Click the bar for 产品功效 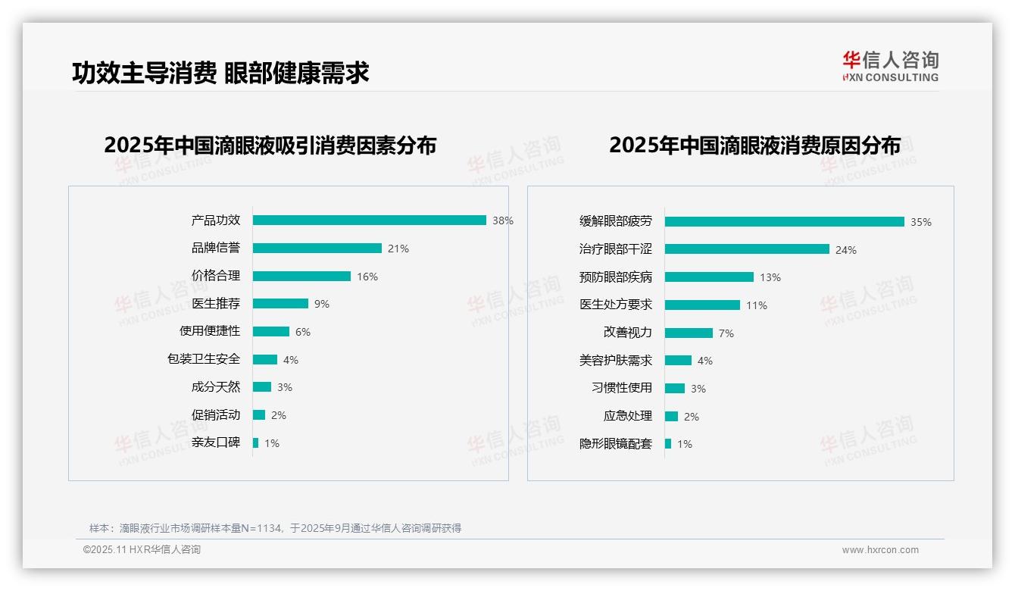point(369,220)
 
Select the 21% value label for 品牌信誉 point(398,249)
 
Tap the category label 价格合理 point(215,276)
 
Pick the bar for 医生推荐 point(280,304)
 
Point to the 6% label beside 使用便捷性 point(303,332)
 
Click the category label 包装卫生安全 point(203,359)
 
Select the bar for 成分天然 point(262,387)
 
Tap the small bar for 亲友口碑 point(256,442)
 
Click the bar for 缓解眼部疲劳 point(784,222)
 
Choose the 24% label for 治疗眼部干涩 point(845,250)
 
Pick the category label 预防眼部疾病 point(615,277)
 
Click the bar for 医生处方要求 point(702,305)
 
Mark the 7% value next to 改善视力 point(726,333)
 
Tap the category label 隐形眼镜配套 point(615,444)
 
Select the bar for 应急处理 point(671,416)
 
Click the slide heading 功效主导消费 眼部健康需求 point(220,73)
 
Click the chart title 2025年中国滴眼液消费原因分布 point(754,145)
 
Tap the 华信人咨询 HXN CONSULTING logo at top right point(890,67)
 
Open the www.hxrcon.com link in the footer point(880,550)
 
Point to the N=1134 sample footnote point(275,528)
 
